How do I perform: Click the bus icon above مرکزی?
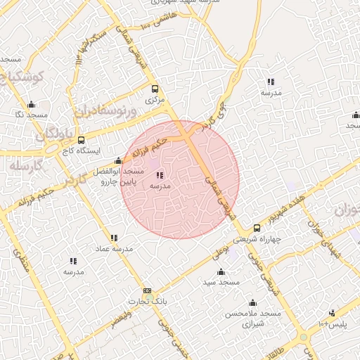(x=155, y=89)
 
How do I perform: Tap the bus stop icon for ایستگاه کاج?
(x=82, y=140)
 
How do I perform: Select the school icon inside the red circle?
(x=160, y=174)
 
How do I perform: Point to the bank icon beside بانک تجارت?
(x=147, y=290)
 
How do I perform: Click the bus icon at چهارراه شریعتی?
(x=257, y=228)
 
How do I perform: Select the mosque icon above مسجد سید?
(x=221, y=271)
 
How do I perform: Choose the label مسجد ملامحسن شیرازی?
(x=252, y=318)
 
